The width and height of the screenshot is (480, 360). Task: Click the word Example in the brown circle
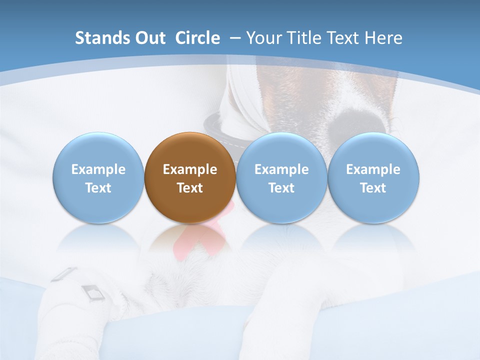(x=190, y=169)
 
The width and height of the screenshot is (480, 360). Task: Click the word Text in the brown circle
(x=190, y=188)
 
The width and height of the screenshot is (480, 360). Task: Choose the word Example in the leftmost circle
(x=98, y=169)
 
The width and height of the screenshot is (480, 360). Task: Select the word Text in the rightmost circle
(x=373, y=188)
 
